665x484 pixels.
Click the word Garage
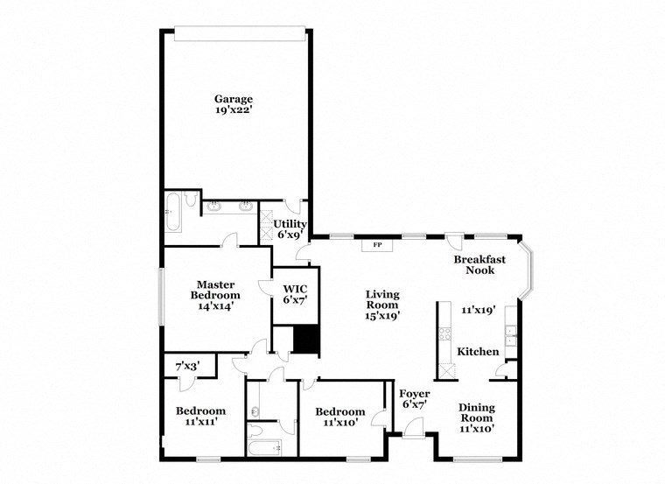click(234, 99)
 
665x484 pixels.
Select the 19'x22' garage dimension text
click(234, 111)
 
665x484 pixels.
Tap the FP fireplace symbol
click(378, 245)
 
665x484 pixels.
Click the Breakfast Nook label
click(479, 265)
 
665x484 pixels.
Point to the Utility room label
click(290, 224)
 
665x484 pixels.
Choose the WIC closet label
click(294, 288)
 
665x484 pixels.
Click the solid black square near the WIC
click(304, 340)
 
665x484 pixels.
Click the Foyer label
click(413, 393)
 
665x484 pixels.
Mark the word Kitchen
click(479, 352)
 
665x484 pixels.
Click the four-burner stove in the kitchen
click(444, 333)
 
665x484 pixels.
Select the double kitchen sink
click(510, 332)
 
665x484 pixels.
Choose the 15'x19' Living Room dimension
click(382, 317)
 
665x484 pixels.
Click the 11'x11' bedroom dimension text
click(200, 422)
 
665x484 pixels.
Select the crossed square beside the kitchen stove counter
click(446, 370)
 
